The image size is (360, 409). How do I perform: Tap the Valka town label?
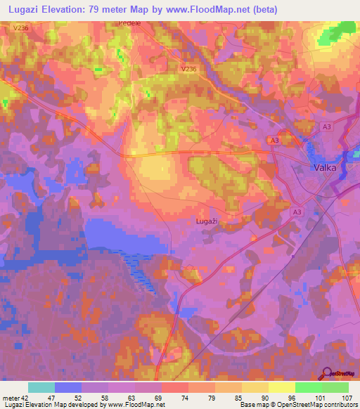(325, 168)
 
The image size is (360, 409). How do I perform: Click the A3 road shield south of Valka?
(297, 213)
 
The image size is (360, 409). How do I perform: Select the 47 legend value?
(61, 397)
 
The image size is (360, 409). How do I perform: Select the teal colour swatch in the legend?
(41, 387)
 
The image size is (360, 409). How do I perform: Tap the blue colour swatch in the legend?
(68, 387)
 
